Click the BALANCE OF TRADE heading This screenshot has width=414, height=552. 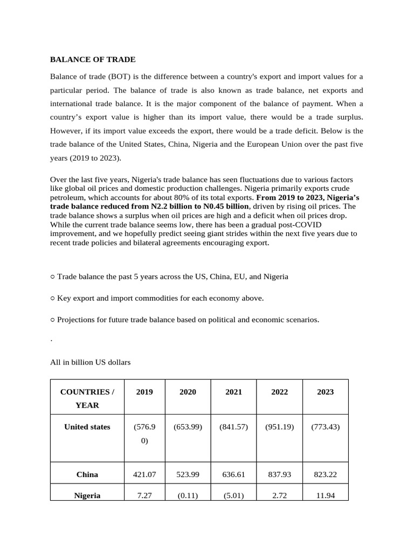coord(93,59)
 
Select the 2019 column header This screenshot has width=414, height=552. coord(144,392)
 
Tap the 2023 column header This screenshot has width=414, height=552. coord(325,392)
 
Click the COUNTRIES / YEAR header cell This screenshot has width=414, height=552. coord(87,398)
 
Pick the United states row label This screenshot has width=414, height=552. coord(87,427)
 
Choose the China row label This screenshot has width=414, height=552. coord(87,474)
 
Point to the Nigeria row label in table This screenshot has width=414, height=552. coord(87,495)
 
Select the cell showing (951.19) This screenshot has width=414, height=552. coord(279,427)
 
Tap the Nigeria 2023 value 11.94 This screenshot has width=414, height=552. coord(325,495)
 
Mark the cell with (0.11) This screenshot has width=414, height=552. coord(188,495)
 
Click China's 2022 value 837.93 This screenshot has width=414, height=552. coord(279,474)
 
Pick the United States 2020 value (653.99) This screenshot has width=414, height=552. coord(188,427)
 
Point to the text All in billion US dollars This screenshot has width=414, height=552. coord(91,362)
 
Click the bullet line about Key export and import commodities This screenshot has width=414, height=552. coord(157,298)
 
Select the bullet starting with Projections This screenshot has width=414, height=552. coord(184,319)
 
